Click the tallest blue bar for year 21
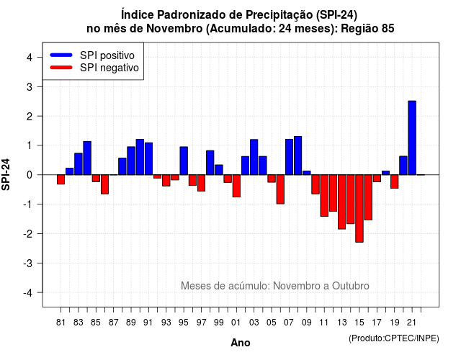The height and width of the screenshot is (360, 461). pos(412,138)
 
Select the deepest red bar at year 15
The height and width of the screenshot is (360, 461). pos(359,208)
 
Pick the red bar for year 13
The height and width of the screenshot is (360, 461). pos(341,202)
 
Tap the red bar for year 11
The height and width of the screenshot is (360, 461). pos(324,195)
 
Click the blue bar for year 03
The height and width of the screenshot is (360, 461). pos(254,157)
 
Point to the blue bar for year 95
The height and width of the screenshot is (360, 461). pos(184,161)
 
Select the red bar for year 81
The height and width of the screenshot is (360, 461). pos(61,179)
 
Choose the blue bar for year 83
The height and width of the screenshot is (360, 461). pos(79,164)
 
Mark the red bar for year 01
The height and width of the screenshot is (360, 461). pos(236,186)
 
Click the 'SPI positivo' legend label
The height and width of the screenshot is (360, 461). pos(107,55)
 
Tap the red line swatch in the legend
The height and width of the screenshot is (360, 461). pos(61,68)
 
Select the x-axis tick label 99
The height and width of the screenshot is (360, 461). pos(219,323)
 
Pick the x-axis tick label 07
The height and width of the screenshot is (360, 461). pos(289,323)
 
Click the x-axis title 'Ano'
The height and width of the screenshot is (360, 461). pos(241,343)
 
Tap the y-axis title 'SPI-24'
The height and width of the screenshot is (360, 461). pos(6,174)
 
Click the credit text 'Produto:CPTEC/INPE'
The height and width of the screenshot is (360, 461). pos(394,338)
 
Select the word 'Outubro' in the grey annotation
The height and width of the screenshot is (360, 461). pos(351,286)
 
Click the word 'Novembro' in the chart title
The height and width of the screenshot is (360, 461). pos(174,29)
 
